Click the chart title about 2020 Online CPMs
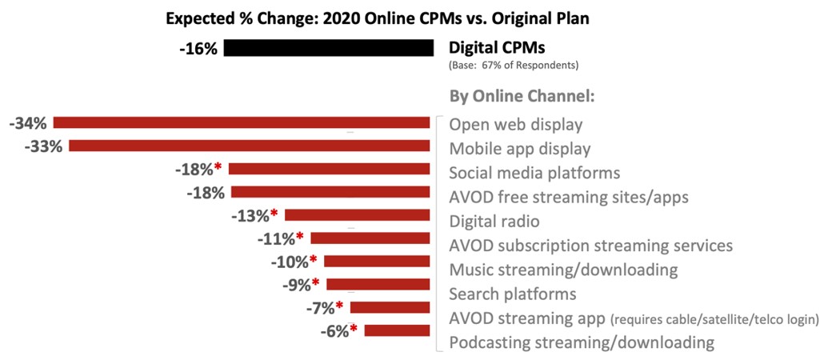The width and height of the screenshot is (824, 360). tap(377, 18)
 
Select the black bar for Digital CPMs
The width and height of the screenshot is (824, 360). tap(328, 48)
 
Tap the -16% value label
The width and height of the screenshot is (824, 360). tap(198, 49)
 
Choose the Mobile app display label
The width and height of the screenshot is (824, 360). tap(520, 149)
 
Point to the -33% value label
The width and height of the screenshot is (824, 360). tap(43, 146)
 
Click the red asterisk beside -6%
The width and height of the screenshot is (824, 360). tap(354, 330)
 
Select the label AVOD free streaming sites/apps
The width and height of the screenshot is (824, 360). tap(569, 197)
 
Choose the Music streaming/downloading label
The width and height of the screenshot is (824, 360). tap(563, 270)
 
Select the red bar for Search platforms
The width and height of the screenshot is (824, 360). tap(379, 284)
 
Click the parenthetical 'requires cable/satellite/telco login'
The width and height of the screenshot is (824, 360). tap(714, 320)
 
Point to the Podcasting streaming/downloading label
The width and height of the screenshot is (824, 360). tap(581, 343)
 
